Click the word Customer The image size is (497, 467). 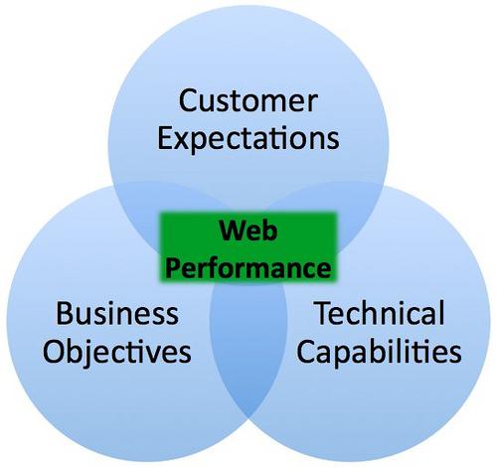click(248, 100)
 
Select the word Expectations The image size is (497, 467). click(248, 139)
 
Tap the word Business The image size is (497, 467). click(117, 313)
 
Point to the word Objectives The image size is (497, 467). click(117, 353)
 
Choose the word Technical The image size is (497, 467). click(381, 313)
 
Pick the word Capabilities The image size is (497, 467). click(379, 352)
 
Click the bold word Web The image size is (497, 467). click(248, 231)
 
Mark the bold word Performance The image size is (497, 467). click(248, 267)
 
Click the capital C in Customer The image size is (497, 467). click(189, 100)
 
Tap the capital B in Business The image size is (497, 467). click(64, 313)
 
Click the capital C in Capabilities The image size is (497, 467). click(306, 351)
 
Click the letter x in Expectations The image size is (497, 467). click(181, 141)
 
